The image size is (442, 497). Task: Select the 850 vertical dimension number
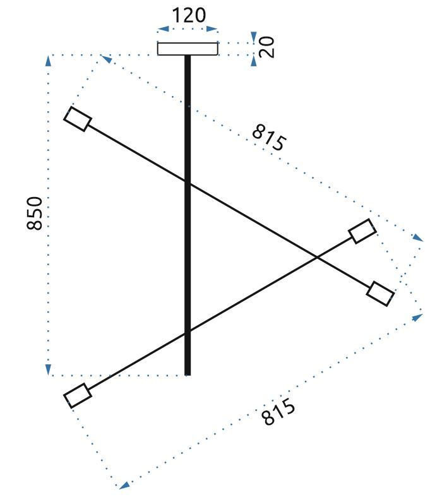[x=35, y=213]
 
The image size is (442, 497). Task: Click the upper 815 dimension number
[x=268, y=138]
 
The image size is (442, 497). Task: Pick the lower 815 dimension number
[x=278, y=412]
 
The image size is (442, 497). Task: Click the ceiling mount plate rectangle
[x=188, y=49]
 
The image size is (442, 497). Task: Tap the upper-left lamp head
[x=78, y=119]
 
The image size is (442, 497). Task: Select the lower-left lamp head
[x=78, y=395]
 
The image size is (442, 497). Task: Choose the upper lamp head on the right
[x=363, y=231]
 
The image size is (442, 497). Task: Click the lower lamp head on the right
[x=381, y=294]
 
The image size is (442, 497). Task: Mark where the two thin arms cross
[x=316, y=256]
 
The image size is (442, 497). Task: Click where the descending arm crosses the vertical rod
[x=188, y=183]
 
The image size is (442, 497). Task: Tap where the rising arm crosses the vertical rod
[x=188, y=331]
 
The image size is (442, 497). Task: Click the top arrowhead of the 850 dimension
[x=48, y=60]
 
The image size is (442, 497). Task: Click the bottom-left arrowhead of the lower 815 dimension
[x=125, y=485]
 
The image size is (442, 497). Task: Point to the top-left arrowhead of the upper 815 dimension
[x=106, y=59]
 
